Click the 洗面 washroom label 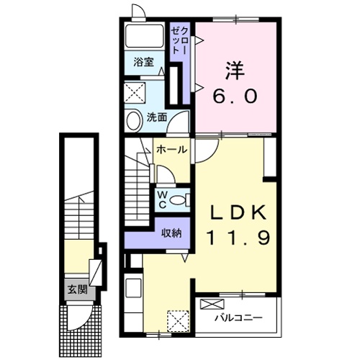coord(157,116)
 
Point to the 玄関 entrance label coord(76,291)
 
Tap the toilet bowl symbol coord(181,199)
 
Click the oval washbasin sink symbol coord(135,120)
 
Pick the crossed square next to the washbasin coord(134,91)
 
